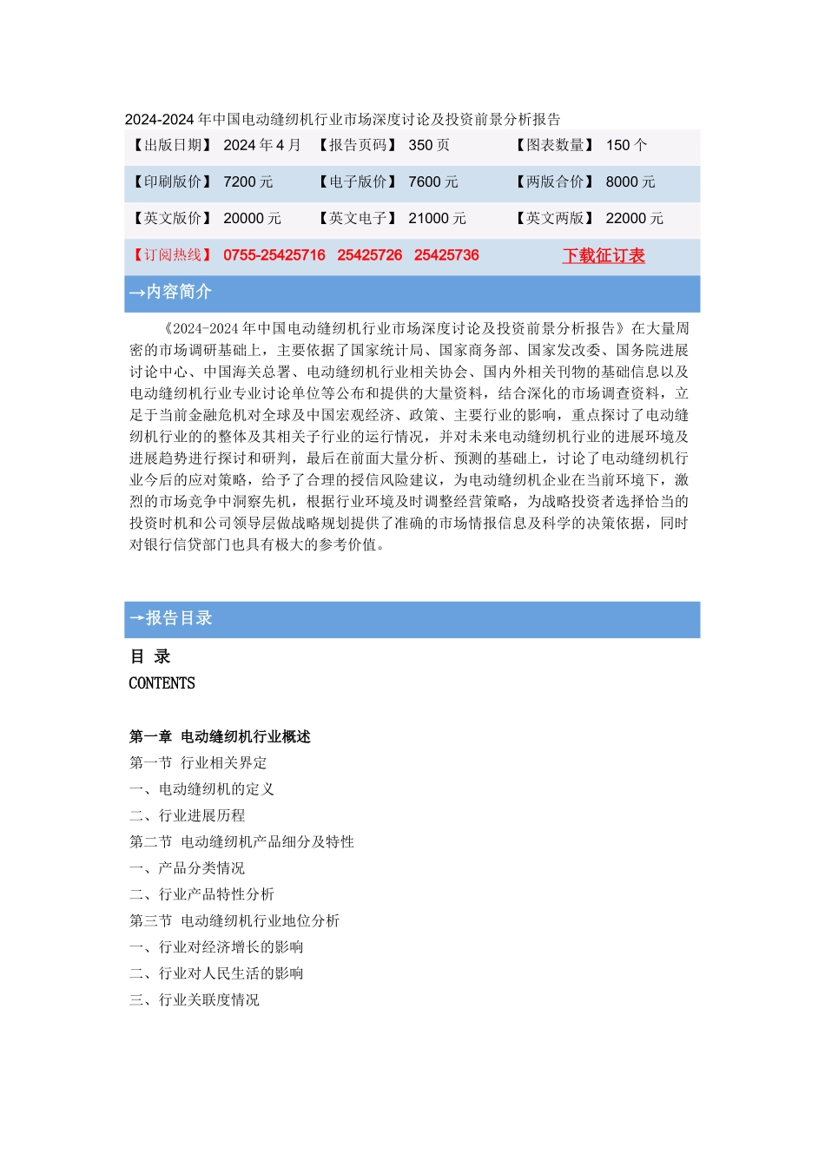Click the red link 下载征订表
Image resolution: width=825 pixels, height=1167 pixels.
(x=604, y=255)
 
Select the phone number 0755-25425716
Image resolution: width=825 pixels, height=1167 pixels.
(x=274, y=255)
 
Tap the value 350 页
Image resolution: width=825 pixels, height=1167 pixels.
(x=429, y=145)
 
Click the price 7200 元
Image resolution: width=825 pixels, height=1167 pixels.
(x=248, y=181)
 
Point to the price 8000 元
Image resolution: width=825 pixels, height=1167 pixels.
(x=630, y=181)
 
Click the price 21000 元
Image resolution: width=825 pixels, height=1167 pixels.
(x=438, y=218)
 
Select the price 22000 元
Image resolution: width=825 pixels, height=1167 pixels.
(x=635, y=218)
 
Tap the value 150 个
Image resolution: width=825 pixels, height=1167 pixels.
(x=626, y=145)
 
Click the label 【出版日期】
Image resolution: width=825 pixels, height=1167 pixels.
(x=172, y=145)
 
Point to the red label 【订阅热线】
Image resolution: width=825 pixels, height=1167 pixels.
(x=172, y=255)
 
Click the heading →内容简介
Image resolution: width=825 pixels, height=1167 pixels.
(x=170, y=292)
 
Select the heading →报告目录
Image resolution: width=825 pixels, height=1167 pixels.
(x=170, y=618)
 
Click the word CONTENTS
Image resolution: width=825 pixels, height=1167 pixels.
(x=162, y=683)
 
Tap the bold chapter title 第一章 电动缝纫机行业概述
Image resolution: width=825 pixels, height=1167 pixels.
(x=220, y=736)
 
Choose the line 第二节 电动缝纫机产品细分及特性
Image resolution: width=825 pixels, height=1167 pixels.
(x=241, y=841)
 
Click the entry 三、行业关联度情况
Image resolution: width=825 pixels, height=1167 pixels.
(x=195, y=999)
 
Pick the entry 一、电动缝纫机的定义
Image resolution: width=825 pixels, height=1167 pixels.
(x=201, y=789)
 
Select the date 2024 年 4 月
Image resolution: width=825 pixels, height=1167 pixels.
(x=262, y=145)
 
